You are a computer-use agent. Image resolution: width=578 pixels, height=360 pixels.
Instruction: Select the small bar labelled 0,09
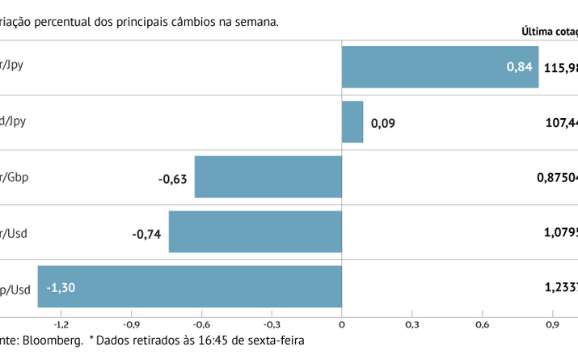(x=352, y=121)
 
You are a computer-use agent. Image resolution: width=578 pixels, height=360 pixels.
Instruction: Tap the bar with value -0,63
(x=268, y=176)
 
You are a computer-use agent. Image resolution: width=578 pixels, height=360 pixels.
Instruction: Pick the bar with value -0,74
(x=255, y=231)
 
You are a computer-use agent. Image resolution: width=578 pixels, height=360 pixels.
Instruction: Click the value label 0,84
(x=520, y=67)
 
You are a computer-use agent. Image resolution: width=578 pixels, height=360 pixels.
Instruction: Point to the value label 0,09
(x=383, y=123)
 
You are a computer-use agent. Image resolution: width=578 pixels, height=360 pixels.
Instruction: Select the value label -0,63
(x=173, y=178)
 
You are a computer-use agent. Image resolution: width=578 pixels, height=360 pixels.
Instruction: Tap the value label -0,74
(x=147, y=235)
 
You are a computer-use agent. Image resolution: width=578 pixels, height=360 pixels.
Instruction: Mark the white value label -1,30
(x=61, y=287)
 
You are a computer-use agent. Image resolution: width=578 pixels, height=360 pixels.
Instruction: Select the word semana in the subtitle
(x=257, y=22)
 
